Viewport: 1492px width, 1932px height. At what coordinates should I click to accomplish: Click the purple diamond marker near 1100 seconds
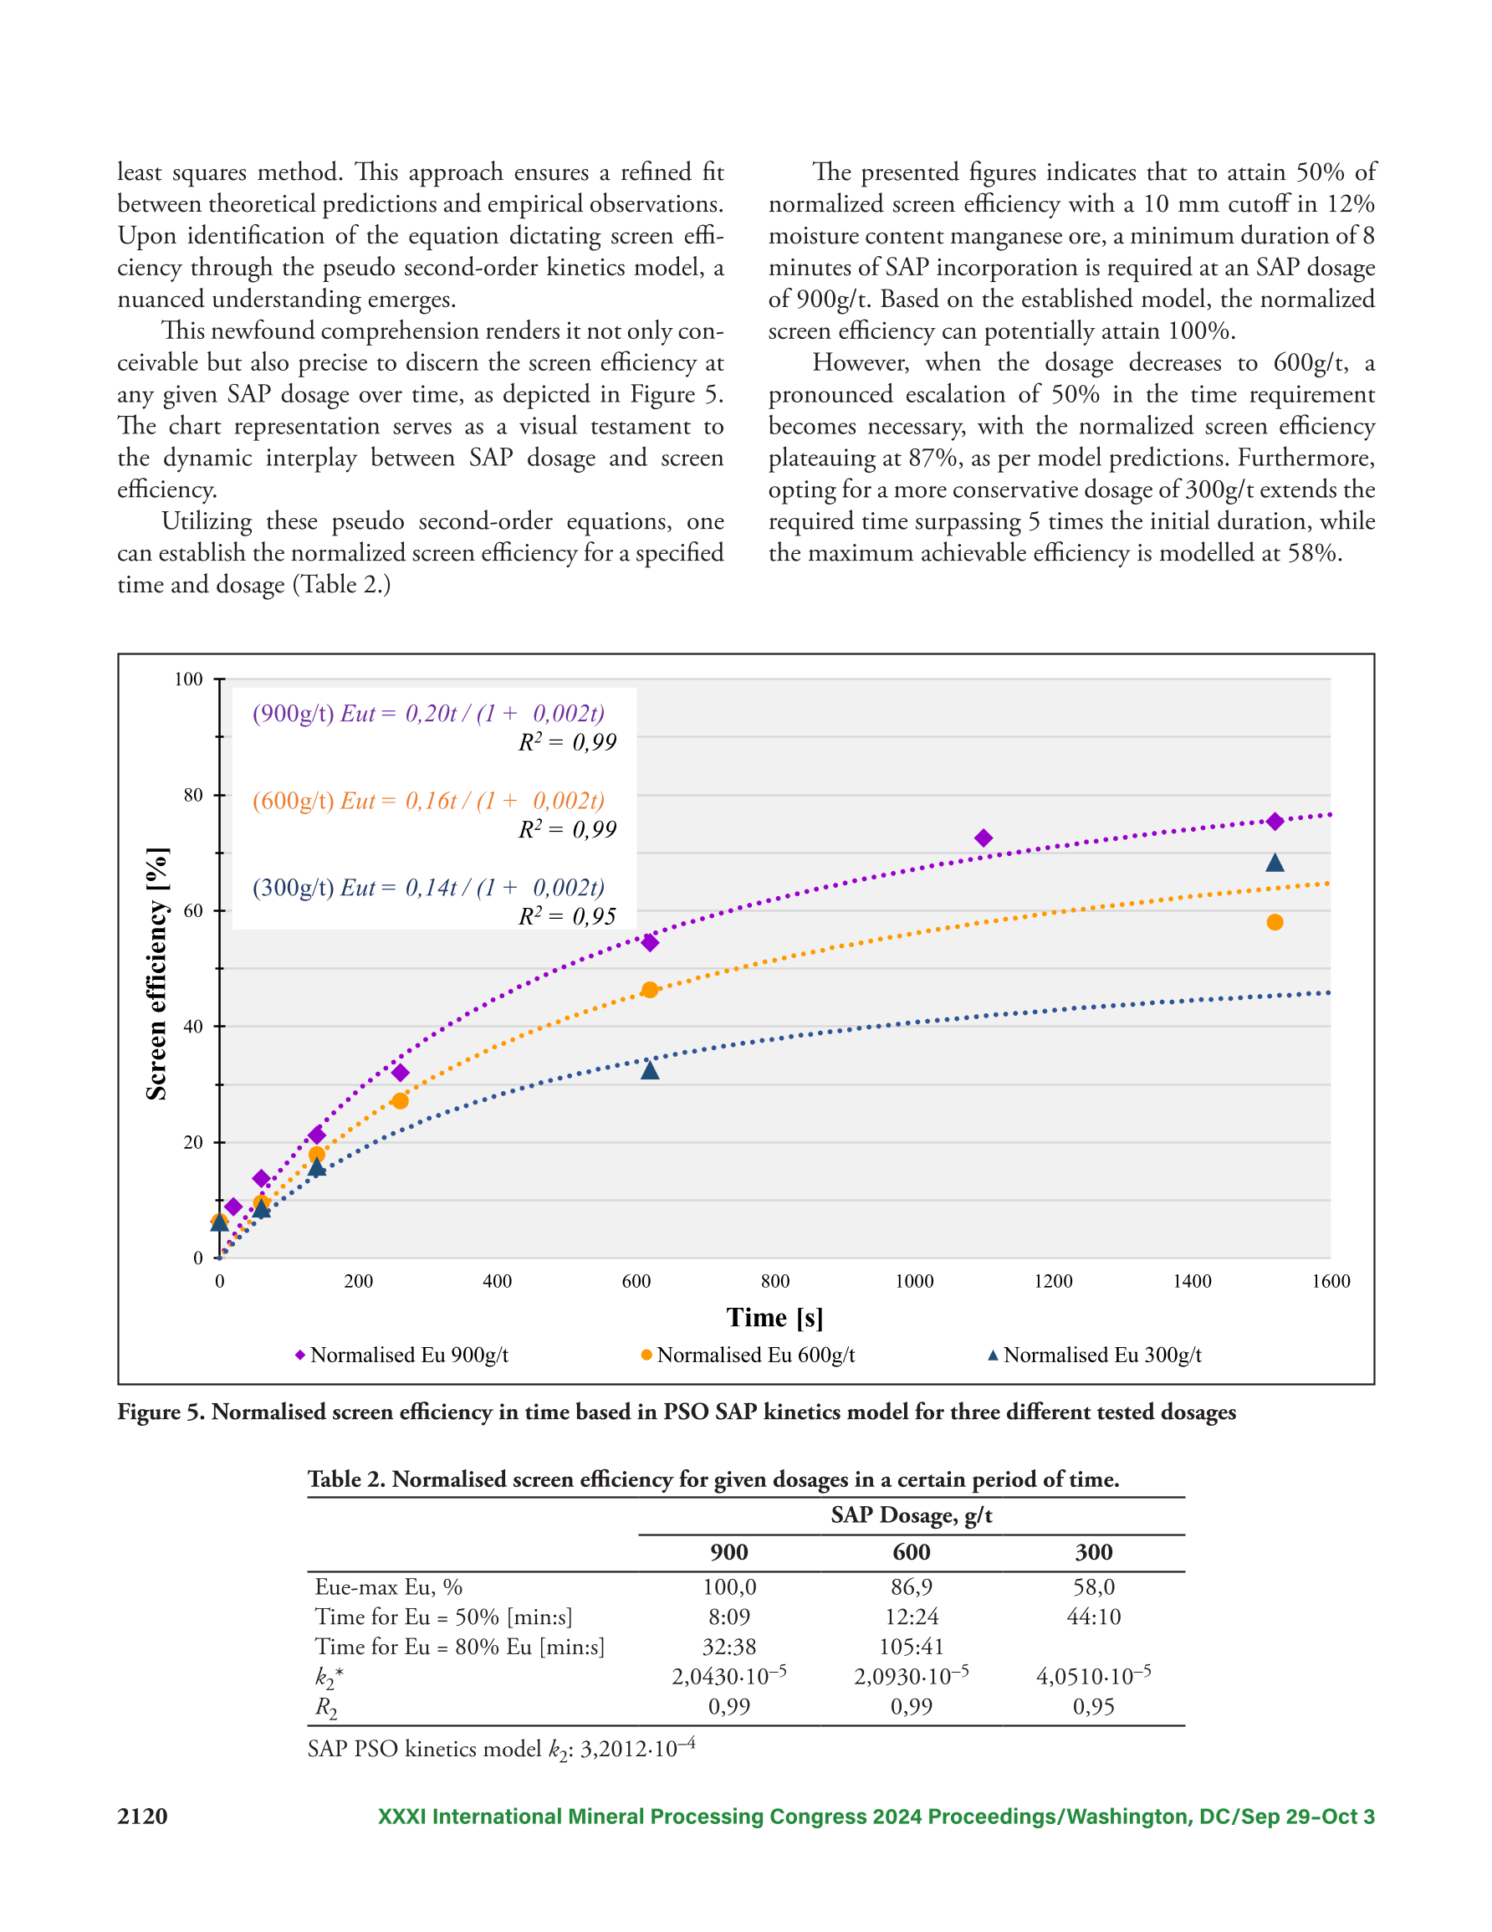[983, 838]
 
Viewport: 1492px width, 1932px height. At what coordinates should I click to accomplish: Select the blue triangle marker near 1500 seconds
[1275, 863]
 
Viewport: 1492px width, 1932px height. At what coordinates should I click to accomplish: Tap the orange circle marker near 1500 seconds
[1275, 923]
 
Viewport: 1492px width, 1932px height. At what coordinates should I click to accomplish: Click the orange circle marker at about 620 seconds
[650, 990]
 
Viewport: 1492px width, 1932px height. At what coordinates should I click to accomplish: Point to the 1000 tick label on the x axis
[914, 1281]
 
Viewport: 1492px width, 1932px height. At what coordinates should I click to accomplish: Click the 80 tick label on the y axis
[193, 794]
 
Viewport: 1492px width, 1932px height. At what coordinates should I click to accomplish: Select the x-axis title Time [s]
[774, 1318]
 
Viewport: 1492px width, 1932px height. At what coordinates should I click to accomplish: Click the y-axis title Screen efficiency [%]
[156, 973]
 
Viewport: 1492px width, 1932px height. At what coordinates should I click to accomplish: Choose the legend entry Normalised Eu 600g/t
[748, 1355]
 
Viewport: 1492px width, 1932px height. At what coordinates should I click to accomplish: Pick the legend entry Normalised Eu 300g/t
[1094, 1355]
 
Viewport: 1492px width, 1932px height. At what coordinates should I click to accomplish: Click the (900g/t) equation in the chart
[429, 713]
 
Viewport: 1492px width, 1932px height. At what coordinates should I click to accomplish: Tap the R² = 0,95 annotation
[567, 915]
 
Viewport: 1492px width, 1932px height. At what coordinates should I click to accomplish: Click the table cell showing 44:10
[1094, 1617]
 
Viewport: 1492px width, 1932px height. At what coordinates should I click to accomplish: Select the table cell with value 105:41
[912, 1647]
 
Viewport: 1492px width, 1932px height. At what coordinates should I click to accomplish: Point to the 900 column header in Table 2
[729, 1551]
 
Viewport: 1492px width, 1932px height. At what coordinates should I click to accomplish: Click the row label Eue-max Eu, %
[388, 1587]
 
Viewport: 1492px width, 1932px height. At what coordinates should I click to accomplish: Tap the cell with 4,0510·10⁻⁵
[1094, 1674]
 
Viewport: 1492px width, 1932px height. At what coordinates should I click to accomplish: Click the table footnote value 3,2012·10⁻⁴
[636, 1748]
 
